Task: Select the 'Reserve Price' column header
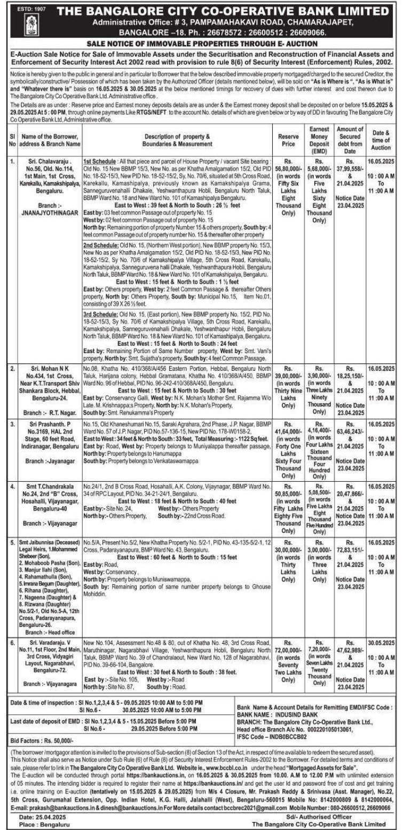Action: pyautogui.click(x=288, y=140)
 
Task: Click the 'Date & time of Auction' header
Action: pyautogui.click(x=381, y=140)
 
